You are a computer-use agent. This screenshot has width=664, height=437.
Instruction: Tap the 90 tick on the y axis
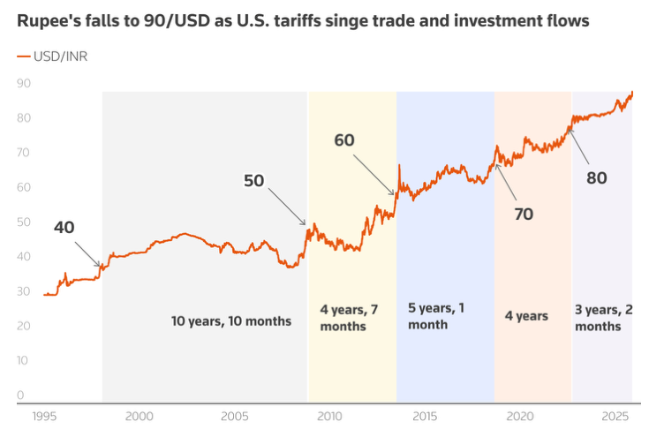click(x=24, y=83)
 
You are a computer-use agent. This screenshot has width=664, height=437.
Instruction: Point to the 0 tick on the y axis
click(x=20, y=395)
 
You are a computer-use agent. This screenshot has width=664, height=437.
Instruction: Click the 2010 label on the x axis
click(x=329, y=416)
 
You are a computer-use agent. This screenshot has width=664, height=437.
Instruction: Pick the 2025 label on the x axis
click(x=613, y=416)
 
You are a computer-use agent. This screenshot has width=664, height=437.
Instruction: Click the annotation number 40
click(x=64, y=227)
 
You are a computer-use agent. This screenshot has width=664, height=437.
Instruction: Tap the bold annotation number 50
click(x=253, y=181)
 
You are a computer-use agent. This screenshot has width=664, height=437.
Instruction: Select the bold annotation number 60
click(x=344, y=139)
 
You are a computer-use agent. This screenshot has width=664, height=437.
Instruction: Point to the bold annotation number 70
click(x=524, y=214)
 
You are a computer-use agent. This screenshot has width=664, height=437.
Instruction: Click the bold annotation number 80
click(x=597, y=177)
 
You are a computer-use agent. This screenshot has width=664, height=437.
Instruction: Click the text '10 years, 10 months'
click(x=231, y=320)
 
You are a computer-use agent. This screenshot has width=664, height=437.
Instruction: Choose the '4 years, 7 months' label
click(x=351, y=317)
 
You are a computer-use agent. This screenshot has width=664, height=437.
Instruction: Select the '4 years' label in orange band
click(x=526, y=315)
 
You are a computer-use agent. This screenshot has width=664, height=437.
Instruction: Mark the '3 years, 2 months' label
click(x=604, y=317)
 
